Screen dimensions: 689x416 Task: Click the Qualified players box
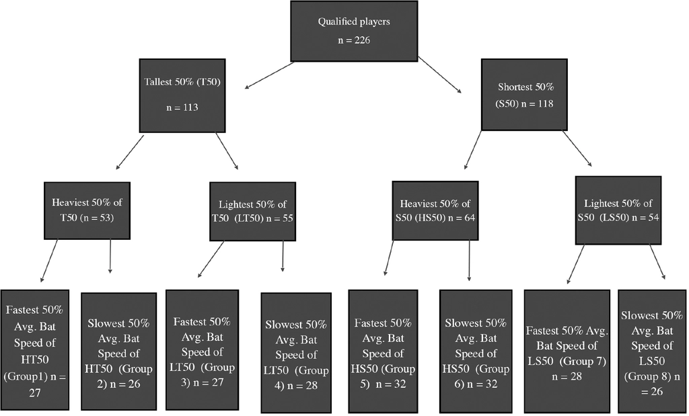[354, 31]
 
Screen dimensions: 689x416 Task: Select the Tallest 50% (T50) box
[182, 95]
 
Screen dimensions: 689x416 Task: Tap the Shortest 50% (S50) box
[524, 95]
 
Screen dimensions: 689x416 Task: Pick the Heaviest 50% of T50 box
[87, 210]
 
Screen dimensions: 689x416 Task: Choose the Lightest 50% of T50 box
[253, 212]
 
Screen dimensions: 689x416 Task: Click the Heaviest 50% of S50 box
[435, 210]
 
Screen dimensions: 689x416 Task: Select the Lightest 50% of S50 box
[618, 210]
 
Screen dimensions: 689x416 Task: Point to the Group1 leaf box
[35, 349]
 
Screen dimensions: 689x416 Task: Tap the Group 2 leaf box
[118, 351]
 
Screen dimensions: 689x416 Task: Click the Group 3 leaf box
[202, 349]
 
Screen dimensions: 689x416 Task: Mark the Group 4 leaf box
[296, 353]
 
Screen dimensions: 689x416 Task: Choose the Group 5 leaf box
[383, 351]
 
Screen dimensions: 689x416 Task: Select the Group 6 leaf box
[476, 351]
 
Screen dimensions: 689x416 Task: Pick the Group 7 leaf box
[567, 351]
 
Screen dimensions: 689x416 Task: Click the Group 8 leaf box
[652, 351]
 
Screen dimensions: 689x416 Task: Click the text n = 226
[354, 40]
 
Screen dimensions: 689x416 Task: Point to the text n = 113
[182, 108]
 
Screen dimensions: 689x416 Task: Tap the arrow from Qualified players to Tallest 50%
[269, 75]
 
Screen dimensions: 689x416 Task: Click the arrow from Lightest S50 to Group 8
[657, 262]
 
